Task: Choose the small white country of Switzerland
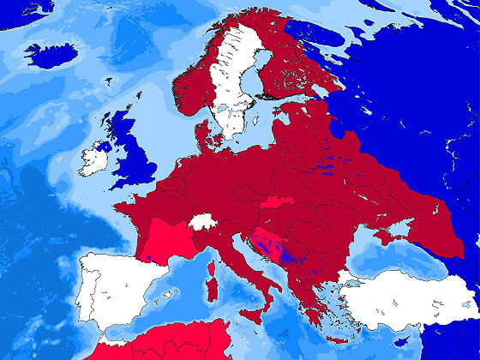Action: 202,221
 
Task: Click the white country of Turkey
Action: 403,296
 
